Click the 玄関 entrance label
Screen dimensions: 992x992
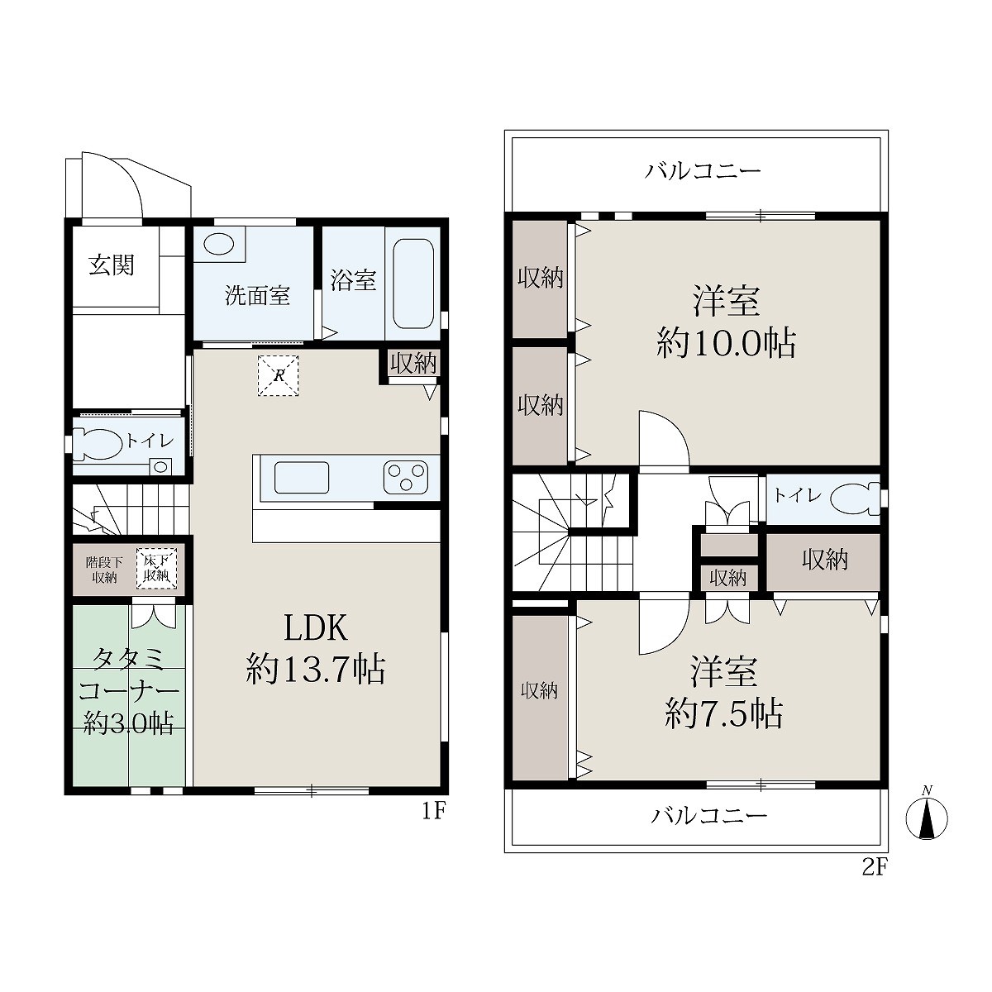click(112, 265)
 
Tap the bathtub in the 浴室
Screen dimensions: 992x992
click(413, 284)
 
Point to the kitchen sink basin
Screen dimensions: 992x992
click(302, 477)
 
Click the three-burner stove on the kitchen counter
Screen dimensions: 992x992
click(406, 477)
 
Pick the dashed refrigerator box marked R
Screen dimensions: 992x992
click(278, 375)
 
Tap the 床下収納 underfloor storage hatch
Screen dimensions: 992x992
click(156, 569)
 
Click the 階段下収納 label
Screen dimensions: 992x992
click(104, 570)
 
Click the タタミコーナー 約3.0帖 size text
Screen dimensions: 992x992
click(128, 690)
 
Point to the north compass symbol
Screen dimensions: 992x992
click(928, 818)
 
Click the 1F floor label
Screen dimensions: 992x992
click(433, 812)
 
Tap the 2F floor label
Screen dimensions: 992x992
click(875, 868)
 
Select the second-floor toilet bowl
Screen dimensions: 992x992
click(856, 498)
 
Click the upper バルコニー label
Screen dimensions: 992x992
click(703, 170)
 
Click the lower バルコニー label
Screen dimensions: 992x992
click(709, 815)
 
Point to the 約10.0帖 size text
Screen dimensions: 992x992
click(727, 343)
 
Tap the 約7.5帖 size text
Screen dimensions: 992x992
click(724, 713)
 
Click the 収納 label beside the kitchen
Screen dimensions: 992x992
click(413, 364)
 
